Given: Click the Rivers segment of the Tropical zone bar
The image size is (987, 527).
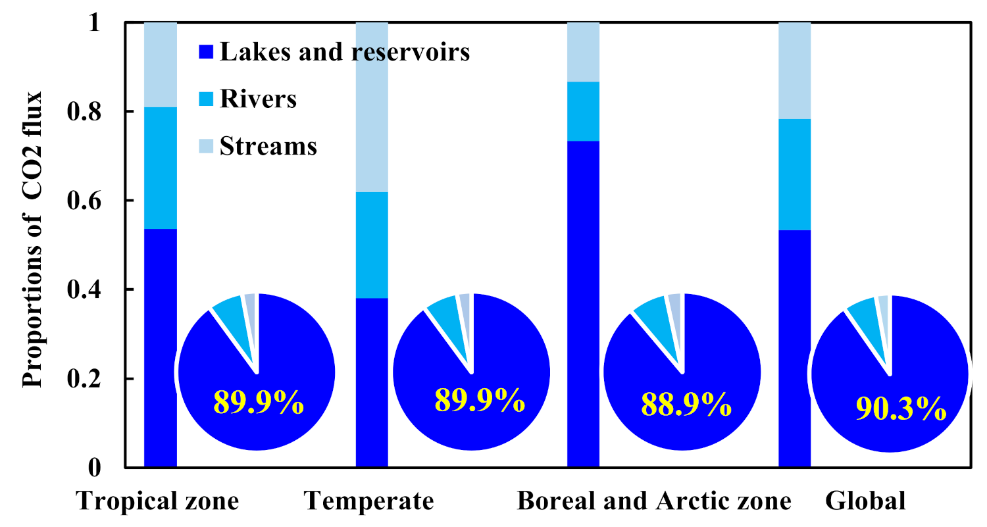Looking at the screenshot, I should [x=160, y=168].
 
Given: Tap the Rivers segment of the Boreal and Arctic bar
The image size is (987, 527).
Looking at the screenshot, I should [x=583, y=111].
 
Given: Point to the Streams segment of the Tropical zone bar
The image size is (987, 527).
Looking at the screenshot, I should [x=160, y=64].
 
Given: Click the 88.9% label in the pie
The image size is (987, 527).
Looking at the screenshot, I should [x=686, y=406].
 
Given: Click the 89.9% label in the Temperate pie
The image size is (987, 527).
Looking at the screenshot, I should [x=480, y=400].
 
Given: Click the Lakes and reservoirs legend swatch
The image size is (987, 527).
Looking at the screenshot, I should [x=205, y=51].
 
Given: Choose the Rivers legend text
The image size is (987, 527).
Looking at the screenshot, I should [x=258, y=99].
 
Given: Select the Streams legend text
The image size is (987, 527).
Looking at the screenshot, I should [x=268, y=146].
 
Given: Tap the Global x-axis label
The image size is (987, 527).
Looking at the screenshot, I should [x=865, y=502].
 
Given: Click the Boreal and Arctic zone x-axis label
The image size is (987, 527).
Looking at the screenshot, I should [x=654, y=502].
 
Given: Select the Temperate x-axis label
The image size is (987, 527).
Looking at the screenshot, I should [x=369, y=502].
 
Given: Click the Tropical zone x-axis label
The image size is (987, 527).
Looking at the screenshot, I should [x=158, y=502].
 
